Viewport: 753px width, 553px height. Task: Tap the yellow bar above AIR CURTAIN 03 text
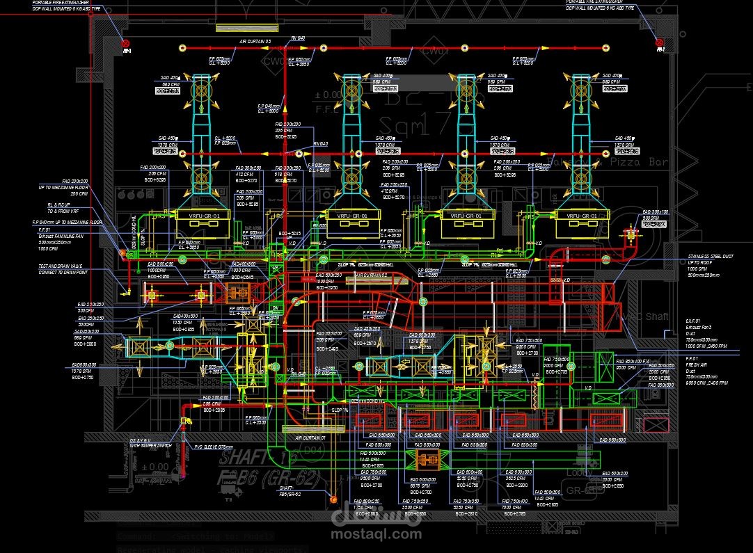[248, 28]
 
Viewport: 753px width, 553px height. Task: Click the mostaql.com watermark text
[375, 534]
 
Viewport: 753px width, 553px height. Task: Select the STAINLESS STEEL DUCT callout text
[710, 257]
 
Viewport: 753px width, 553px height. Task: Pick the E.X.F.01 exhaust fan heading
[695, 321]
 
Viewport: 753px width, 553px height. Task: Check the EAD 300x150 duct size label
[655, 211]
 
